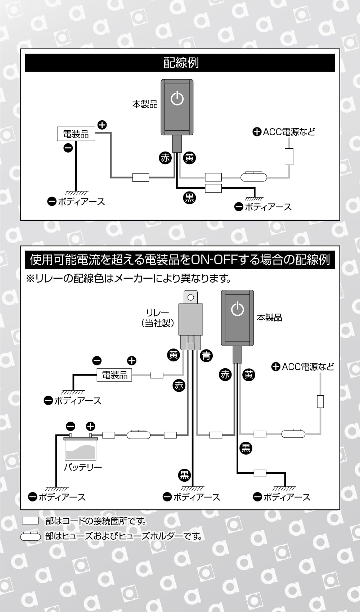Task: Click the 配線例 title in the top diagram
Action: click(x=181, y=63)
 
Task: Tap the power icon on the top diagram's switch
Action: click(x=177, y=98)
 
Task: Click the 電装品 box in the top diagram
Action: click(x=76, y=134)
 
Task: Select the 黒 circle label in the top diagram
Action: click(x=189, y=197)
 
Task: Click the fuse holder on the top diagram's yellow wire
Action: click(x=253, y=177)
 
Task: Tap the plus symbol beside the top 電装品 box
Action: click(x=102, y=125)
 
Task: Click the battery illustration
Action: click(x=80, y=448)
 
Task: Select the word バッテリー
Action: click(x=83, y=467)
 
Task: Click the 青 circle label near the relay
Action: click(x=206, y=356)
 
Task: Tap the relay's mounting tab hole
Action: click(x=191, y=297)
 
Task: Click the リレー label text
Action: click(x=158, y=313)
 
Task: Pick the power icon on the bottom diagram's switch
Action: click(x=238, y=309)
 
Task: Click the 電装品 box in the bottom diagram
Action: click(x=114, y=375)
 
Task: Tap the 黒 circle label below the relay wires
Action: click(x=184, y=475)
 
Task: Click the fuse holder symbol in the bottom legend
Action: click(x=31, y=536)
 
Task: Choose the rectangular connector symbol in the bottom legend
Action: click(x=30, y=521)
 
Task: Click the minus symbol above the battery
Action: click(x=71, y=427)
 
